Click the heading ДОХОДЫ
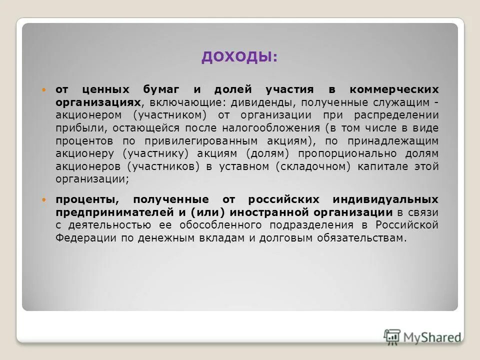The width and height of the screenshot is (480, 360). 239,57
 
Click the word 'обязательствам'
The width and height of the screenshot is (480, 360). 360,237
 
